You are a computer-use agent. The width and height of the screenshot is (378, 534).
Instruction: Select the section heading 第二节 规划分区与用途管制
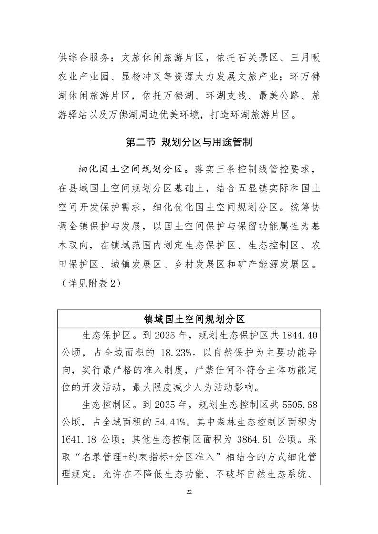[189, 142]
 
